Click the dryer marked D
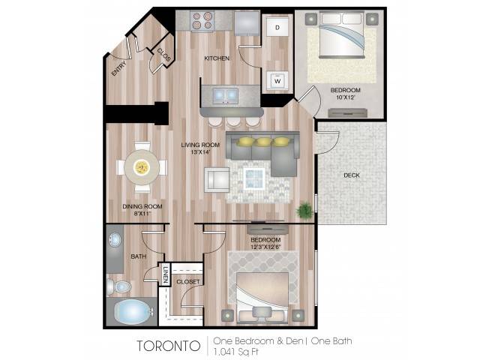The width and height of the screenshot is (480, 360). point(277,27)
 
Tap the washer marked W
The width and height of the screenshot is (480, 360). point(277,80)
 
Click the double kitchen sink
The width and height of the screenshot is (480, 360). point(226,95)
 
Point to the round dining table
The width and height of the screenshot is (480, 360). point(142,167)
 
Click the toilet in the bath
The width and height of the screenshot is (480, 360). point(118,286)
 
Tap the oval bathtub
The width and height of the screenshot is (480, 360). point(133,312)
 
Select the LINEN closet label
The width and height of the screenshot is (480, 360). point(166,274)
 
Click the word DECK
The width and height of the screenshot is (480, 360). point(352,175)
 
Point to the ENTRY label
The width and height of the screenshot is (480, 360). point(118,68)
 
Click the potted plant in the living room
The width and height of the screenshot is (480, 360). point(304,210)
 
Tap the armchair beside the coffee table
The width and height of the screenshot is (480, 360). point(217,180)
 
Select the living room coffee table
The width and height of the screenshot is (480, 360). point(254,178)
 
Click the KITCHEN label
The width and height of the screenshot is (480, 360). point(217,58)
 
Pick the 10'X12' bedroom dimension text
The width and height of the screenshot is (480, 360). point(345,97)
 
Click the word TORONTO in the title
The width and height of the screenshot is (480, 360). point(168,346)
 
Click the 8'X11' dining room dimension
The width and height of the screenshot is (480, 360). point(142,214)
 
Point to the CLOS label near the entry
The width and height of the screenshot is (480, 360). point(163,55)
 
